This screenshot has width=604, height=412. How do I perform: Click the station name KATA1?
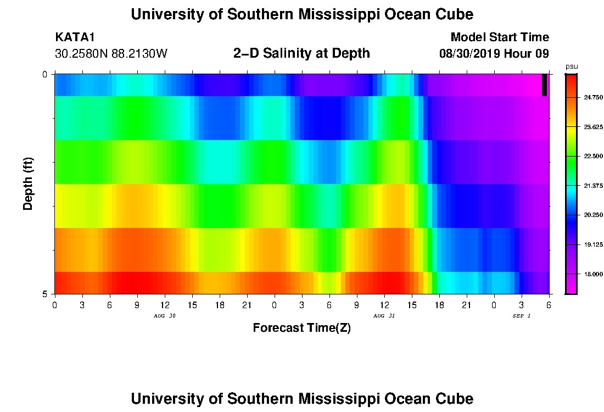(x=75, y=37)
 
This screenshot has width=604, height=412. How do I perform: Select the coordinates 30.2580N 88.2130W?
(x=111, y=54)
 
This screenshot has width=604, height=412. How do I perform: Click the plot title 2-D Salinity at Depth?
(x=301, y=53)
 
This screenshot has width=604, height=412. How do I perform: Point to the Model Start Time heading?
(x=499, y=37)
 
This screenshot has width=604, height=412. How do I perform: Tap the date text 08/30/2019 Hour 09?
(x=494, y=54)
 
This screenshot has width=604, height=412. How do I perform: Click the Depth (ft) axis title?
(x=29, y=183)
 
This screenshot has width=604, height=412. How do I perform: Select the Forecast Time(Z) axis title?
(x=301, y=328)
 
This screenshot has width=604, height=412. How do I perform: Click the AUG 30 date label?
(x=164, y=316)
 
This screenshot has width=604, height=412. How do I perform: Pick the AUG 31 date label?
(x=384, y=316)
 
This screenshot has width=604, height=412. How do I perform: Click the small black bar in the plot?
(x=544, y=85)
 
